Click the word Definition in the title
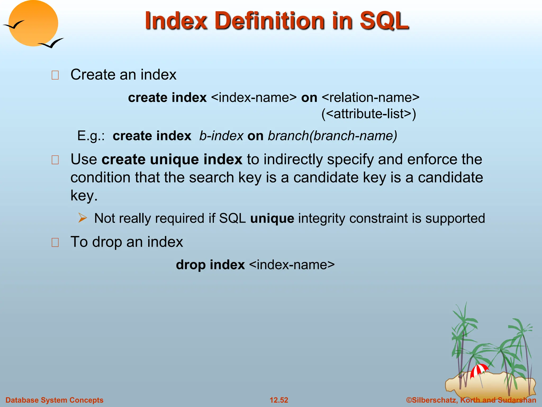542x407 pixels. coord(271,21)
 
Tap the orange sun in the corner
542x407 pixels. coord(33,23)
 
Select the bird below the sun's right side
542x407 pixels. coord(52,43)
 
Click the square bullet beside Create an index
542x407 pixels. coord(55,75)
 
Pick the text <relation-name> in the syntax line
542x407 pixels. coord(371,98)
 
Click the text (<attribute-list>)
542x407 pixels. coord(369,114)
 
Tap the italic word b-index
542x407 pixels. coord(221,136)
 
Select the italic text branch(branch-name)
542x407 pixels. coord(332,136)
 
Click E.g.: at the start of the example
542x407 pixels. coord(91,136)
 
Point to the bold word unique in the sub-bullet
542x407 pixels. coord(272,218)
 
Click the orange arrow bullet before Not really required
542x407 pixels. coord(83,218)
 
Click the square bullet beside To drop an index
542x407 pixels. coord(55,242)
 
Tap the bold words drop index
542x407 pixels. coord(210,265)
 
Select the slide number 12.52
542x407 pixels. coord(279,400)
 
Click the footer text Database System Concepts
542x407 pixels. coord(55,400)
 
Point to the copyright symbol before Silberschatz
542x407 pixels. coord(409,400)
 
